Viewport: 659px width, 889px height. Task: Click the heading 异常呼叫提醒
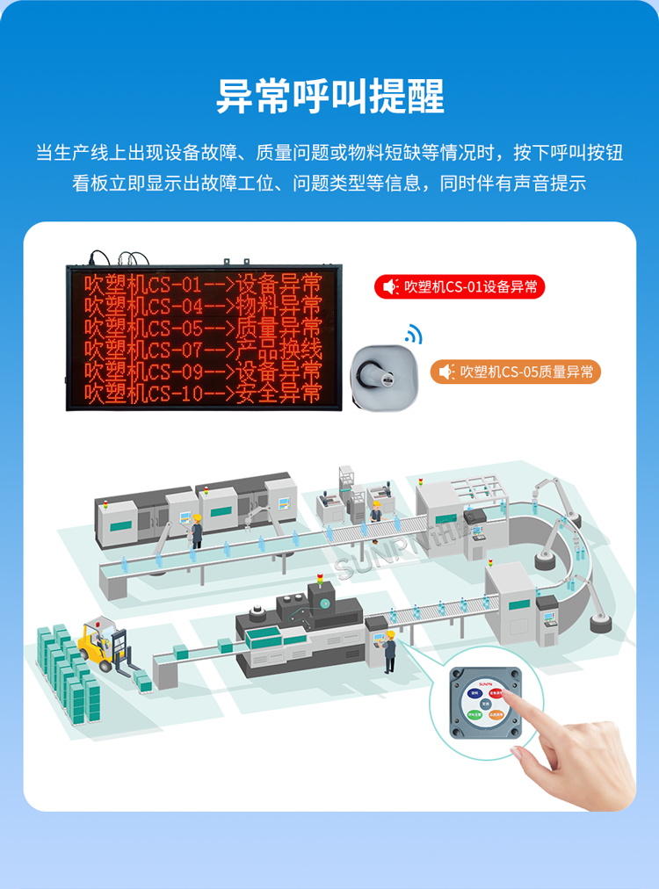click(x=329, y=96)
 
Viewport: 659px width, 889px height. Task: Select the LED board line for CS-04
click(x=203, y=306)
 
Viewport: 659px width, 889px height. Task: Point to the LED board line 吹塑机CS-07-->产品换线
click(x=203, y=350)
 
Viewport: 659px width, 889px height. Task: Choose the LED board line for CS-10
click(x=203, y=393)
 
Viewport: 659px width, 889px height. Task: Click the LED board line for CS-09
click(x=203, y=372)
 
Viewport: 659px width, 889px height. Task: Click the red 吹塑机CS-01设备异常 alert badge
click(x=460, y=286)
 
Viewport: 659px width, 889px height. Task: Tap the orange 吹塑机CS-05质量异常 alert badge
click(x=516, y=372)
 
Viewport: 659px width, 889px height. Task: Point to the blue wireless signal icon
click(x=413, y=334)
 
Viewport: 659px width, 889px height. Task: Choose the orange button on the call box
click(x=497, y=716)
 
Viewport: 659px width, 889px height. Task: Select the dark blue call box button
click(x=475, y=694)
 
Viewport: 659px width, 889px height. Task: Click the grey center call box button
click(x=486, y=705)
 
